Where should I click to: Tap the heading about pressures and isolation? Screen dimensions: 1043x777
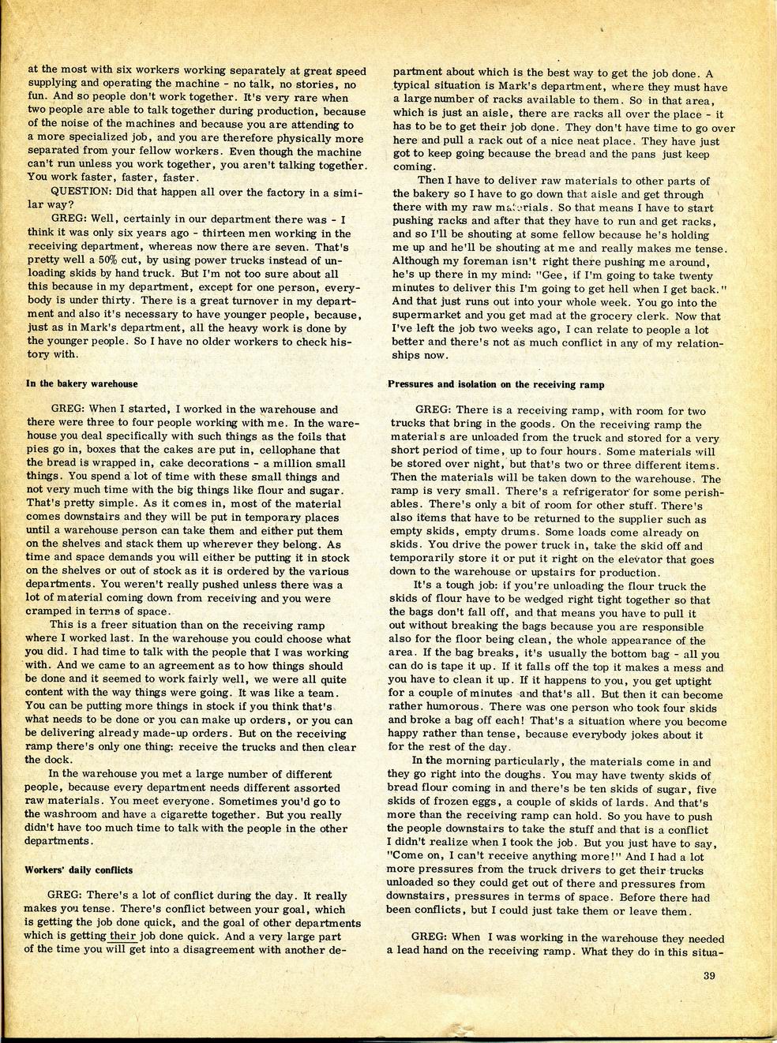pyautogui.click(x=496, y=384)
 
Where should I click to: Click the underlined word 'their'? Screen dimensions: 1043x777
pyautogui.click(x=126, y=937)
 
